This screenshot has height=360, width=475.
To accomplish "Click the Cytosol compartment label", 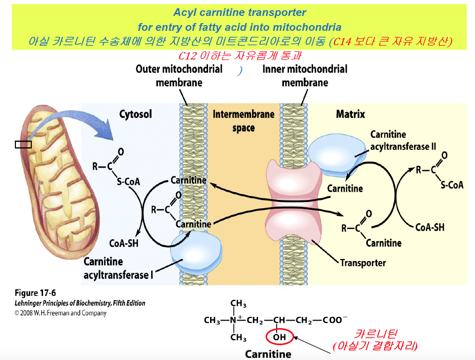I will (x=135, y=114).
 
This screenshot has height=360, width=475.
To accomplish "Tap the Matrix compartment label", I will (x=350, y=114).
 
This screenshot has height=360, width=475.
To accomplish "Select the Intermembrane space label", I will (x=243, y=121).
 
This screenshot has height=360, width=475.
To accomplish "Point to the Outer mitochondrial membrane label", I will (x=179, y=75).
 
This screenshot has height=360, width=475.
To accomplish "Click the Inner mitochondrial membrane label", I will (x=304, y=75).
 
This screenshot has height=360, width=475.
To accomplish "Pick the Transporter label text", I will (x=363, y=263).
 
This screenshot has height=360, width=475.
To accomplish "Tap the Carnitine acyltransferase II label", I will (x=403, y=141).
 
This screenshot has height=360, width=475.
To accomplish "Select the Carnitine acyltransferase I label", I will (x=118, y=268).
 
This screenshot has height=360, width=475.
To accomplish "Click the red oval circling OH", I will (x=279, y=337).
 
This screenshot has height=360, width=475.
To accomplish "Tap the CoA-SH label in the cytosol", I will (x=124, y=243).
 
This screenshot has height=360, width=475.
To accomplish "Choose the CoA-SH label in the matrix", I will (x=429, y=227).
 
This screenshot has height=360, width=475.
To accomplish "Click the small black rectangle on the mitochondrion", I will (x=23, y=145).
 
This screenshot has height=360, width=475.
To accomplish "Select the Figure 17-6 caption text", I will (x=35, y=293).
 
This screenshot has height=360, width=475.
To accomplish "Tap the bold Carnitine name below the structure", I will (x=268, y=354).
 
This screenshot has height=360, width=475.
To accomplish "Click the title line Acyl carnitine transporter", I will (x=239, y=12).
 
